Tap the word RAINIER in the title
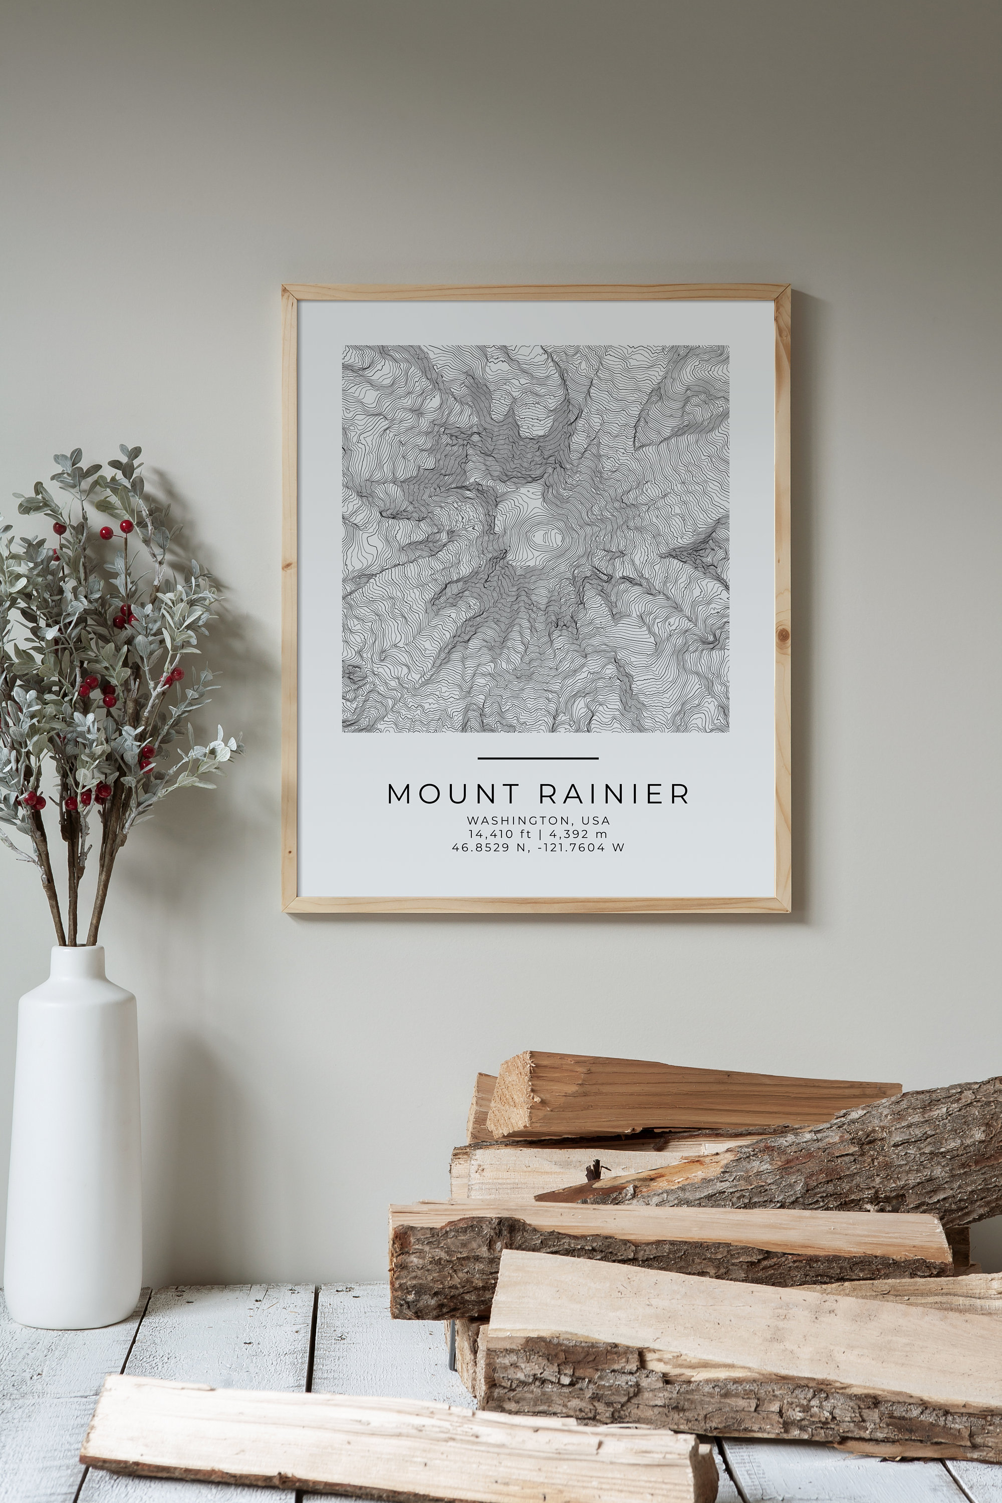coord(615,794)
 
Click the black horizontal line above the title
coord(538,759)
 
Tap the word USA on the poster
coord(596,820)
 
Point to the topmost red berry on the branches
coord(125,526)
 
